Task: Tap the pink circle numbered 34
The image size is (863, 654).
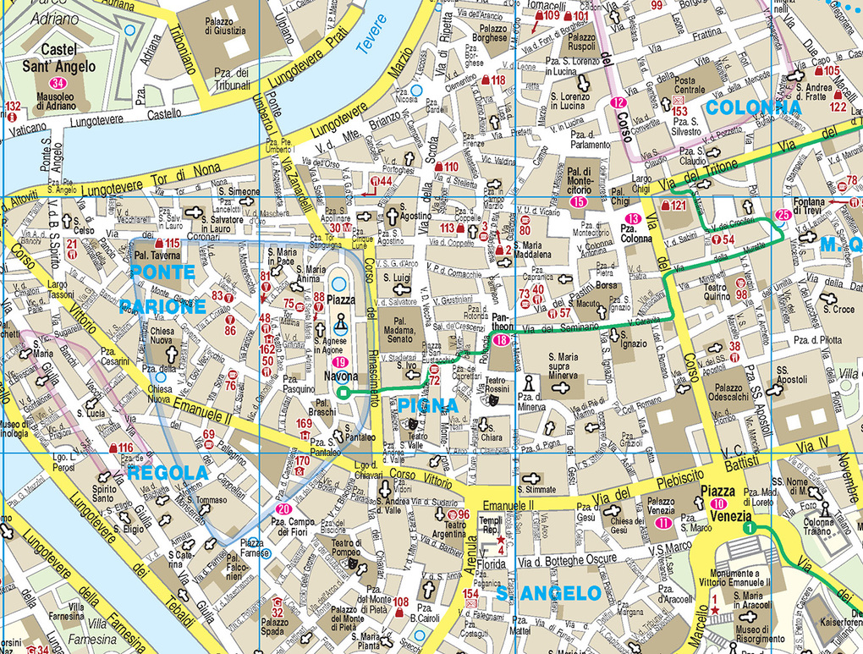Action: [58, 83]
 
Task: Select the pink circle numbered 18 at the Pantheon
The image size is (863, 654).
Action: [501, 340]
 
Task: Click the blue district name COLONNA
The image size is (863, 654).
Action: [752, 108]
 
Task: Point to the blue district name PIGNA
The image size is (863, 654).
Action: [427, 406]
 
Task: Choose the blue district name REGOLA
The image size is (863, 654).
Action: [168, 472]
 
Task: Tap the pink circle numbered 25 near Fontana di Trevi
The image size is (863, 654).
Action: [783, 215]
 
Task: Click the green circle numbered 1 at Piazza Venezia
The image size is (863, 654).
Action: [749, 528]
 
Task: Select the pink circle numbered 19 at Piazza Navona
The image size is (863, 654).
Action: [339, 363]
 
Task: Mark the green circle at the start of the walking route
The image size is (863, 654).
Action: [343, 393]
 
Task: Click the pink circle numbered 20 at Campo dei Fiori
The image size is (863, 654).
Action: [283, 509]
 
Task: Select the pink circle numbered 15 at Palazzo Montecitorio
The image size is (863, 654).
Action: [579, 201]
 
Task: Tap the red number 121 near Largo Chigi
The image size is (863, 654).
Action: [678, 206]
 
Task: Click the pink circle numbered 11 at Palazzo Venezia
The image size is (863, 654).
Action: [662, 524]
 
